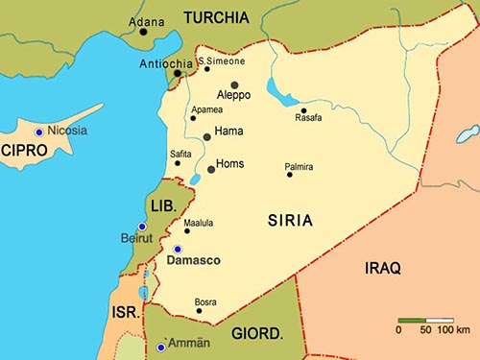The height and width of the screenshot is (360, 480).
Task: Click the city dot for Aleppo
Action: tap(234, 85)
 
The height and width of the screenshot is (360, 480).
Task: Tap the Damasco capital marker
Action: tap(177, 249)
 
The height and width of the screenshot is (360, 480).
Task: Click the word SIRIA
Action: tap(290, 221)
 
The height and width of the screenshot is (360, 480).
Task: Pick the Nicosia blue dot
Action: tap(38, 132)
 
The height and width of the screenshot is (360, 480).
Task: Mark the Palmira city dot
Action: tap(289, 175)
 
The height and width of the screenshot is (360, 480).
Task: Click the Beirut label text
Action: tap(137, 238)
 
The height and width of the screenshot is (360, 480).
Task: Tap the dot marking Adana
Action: tap(143, 32)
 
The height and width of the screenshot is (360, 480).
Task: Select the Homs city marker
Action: tap(211, 169)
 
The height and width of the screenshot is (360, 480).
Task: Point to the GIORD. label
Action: tap(257, 334)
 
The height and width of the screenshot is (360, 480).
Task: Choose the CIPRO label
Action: tap(24, 151)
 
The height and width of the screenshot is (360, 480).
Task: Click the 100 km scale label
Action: tap(454, 330)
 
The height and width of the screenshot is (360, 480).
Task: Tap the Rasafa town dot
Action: tap(303, 109)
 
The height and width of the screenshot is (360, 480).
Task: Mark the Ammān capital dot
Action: tap(160, 347)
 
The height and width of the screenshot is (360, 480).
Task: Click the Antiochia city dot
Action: tap(178, 73)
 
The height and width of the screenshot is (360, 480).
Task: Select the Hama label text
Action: tap(229, 131)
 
